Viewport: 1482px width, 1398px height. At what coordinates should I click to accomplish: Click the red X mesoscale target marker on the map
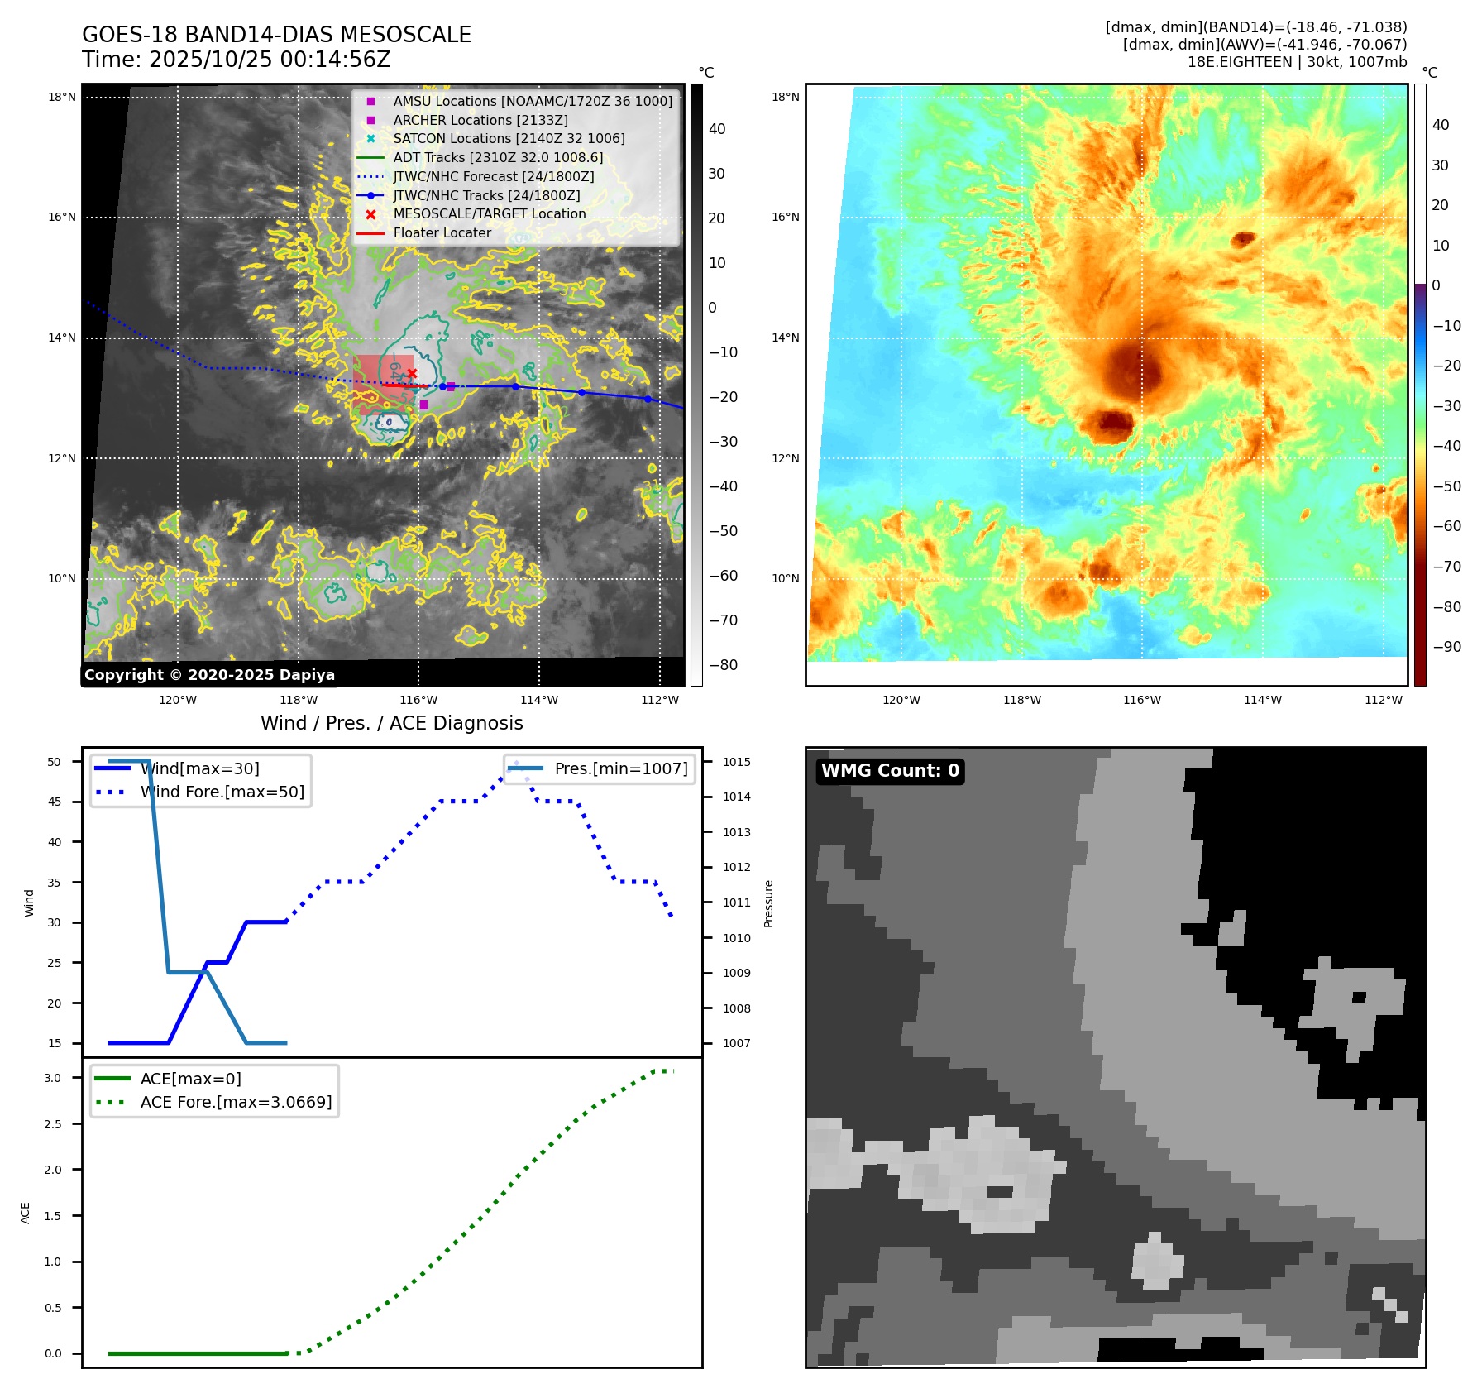click(412, 373)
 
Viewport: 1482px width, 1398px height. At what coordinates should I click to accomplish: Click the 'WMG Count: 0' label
click(890, 771)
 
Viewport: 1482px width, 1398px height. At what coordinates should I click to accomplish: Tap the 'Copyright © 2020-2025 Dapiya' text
click(209, 675)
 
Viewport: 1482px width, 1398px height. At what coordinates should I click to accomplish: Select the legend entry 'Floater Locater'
click(442, 233)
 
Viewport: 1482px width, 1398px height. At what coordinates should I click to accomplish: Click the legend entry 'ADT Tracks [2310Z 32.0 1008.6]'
click(498, 158)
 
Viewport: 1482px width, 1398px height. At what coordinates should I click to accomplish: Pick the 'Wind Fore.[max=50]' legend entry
click(222, 792)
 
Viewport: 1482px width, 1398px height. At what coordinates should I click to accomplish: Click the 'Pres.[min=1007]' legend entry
click(620, 768)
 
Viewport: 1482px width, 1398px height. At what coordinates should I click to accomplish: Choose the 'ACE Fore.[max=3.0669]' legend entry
click(236, 1102)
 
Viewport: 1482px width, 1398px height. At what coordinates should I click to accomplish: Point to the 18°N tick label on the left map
click(62, 98)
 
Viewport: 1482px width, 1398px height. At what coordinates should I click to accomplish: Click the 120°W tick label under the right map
click(901, 701)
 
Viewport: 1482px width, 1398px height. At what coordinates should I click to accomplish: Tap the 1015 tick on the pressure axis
click(737, 762)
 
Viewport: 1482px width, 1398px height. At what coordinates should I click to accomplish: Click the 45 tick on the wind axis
click(55, 802)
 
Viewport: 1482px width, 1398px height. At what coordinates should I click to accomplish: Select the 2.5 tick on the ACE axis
click(53, 1124)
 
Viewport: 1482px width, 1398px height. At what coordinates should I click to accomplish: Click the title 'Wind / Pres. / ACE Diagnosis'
click(391, 723)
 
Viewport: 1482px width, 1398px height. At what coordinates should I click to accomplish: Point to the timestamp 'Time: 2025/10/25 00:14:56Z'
click(236, 60)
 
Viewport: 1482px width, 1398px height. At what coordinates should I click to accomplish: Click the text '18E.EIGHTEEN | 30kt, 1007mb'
click(1297, 62)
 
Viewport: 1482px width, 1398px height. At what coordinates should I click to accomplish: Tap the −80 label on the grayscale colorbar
click(723, 665)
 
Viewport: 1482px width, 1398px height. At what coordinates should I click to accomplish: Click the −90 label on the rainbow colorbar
click(1446, 647)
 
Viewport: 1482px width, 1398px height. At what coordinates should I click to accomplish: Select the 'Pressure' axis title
click(768, 903)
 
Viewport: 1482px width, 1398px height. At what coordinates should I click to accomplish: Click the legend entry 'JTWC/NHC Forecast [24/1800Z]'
click(493, 177)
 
